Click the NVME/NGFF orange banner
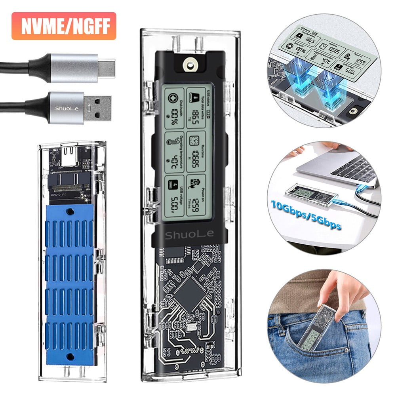[x=64, y=26]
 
